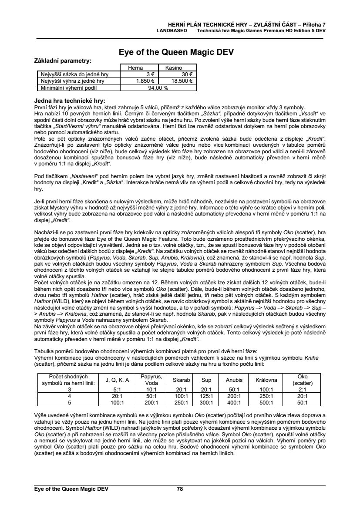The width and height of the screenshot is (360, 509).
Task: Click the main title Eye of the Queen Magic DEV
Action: pos(176,52)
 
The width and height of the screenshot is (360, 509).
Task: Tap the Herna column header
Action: pos(135,68)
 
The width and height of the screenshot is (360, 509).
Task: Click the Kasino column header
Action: pos(173,68)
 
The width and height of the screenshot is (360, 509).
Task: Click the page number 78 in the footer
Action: pos(180,489)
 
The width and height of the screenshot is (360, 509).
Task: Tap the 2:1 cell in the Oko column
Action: pos(302,390)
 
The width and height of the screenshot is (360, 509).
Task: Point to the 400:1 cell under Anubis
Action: pos(234,403)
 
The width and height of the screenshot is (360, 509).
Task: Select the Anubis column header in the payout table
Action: pos(234,380)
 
